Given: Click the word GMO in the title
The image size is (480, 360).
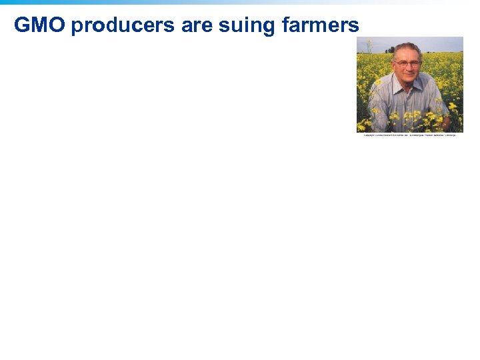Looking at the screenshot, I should pos(39,25).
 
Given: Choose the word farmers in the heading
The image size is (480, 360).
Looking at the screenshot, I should pos(321,25).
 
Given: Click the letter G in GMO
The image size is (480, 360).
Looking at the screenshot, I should pos(22,25).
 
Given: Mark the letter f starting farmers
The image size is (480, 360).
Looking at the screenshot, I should pos(285,25).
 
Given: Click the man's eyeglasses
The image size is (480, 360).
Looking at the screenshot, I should pos(407,64).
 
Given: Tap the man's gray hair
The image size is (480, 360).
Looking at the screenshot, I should pos(406,48).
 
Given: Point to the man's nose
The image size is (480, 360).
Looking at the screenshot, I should pos(407,68).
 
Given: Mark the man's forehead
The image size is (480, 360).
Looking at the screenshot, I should pos(407,56).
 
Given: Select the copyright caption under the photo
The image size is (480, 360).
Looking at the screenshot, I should pos(409,135).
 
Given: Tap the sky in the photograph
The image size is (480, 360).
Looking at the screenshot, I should pos(440,43).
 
